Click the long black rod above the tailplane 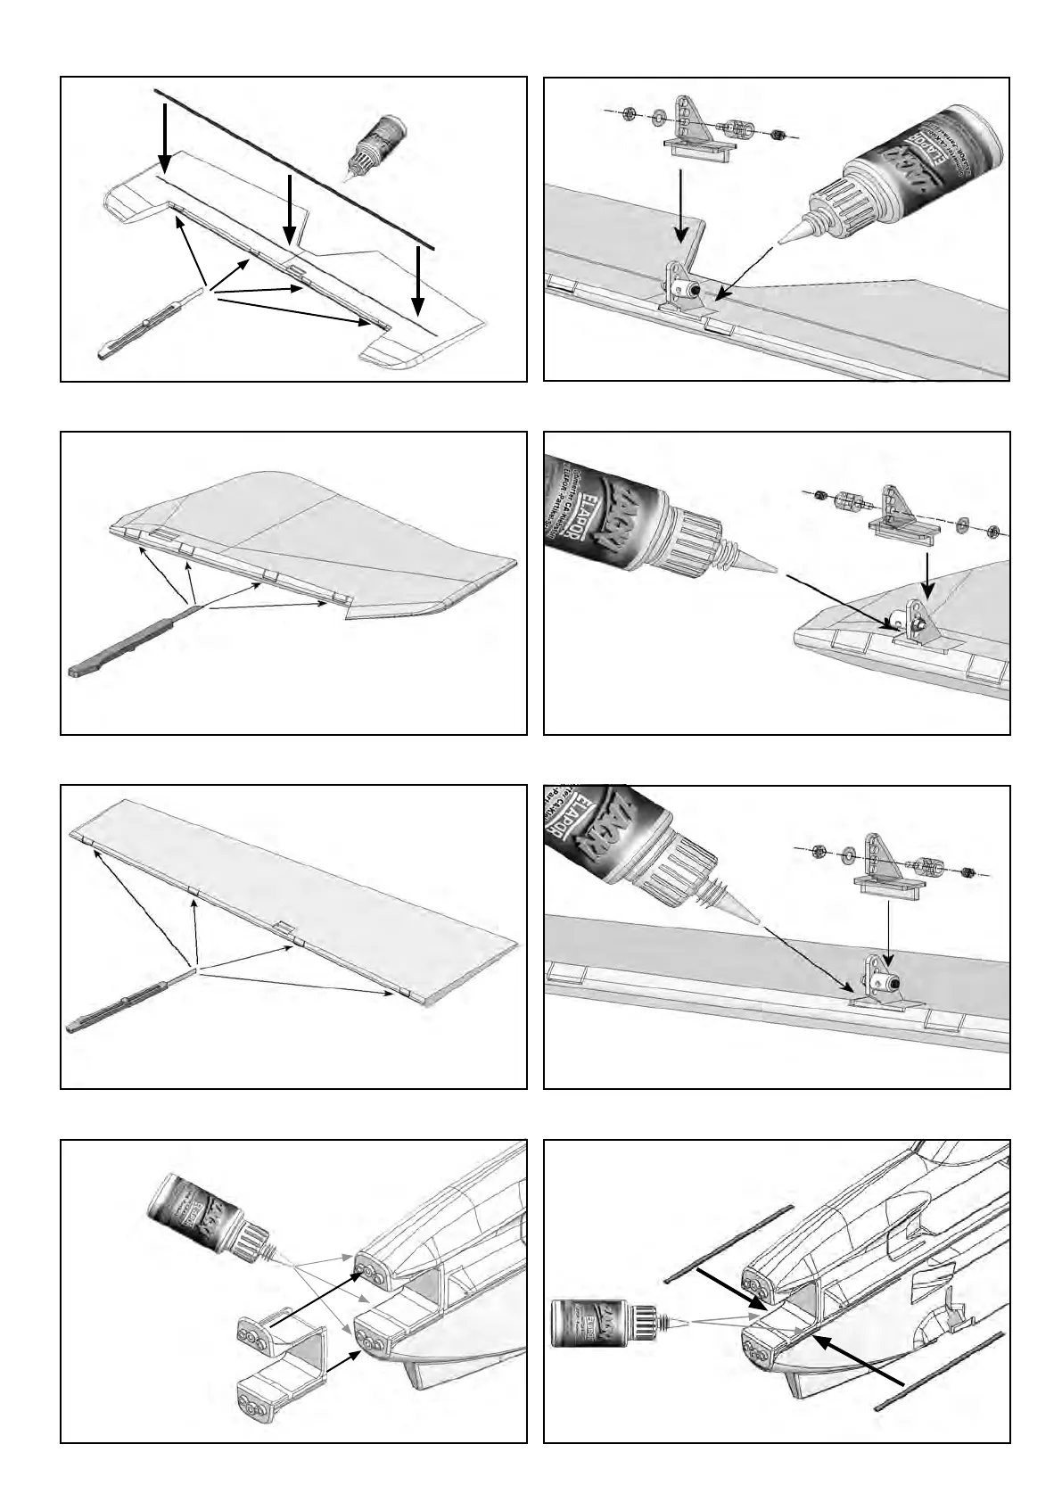coord(294,169)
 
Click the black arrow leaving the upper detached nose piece coord(316,1309)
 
